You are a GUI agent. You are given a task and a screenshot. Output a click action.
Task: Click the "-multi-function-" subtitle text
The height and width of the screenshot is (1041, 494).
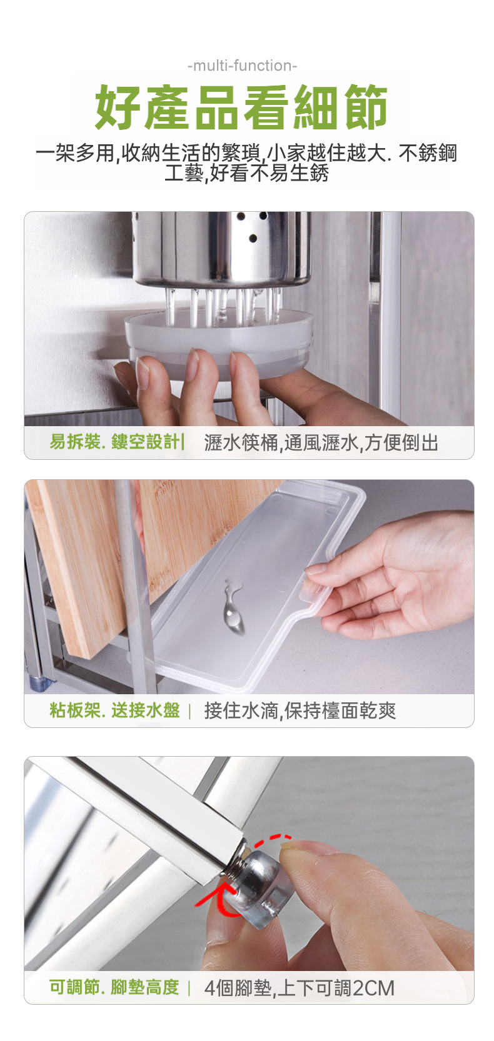(x=242, y=66)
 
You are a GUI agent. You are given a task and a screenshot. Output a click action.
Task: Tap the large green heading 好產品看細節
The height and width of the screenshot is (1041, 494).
(x=241, y=107)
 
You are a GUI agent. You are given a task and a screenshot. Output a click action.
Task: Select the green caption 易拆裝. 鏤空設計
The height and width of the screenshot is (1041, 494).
(x=114, y=442)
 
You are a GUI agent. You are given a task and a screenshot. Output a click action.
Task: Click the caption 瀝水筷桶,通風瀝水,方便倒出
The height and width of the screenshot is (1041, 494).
(x=321, y=442)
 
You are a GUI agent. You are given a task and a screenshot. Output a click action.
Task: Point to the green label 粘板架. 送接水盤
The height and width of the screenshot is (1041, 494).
(x=114, y=710)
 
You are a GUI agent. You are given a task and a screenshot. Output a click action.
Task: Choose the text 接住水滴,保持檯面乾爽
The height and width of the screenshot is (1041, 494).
(x=300, y=710)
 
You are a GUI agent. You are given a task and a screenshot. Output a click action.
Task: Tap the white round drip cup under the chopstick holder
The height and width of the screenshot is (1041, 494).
(x=219, y=342)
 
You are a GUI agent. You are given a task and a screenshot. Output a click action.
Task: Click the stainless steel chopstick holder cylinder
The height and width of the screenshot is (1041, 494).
(x=221, y=248)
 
